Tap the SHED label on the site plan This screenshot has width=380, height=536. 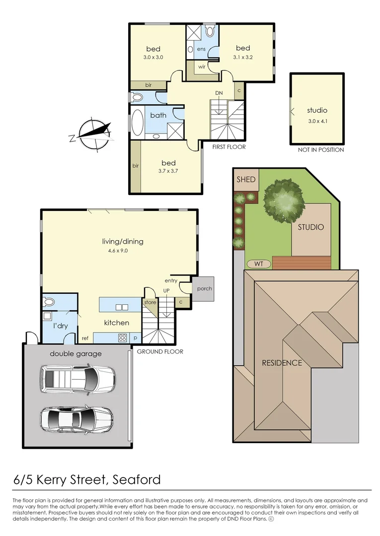click(246, 179)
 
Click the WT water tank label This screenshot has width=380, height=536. click(259, 263)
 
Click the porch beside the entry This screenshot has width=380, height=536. click(204, 288)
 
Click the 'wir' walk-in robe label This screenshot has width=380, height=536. click(202, 66)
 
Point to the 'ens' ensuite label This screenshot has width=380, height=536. click(201, 49)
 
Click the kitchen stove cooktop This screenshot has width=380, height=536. click(122, 338)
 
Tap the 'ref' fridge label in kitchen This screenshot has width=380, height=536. click(85, 338)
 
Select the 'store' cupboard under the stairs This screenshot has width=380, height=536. click(150, 302)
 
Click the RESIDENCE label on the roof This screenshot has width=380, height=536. click(282, 363)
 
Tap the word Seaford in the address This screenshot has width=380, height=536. click(137, 480)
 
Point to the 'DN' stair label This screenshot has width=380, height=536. click(219, 93)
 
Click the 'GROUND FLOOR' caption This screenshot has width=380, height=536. click(160, 351)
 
